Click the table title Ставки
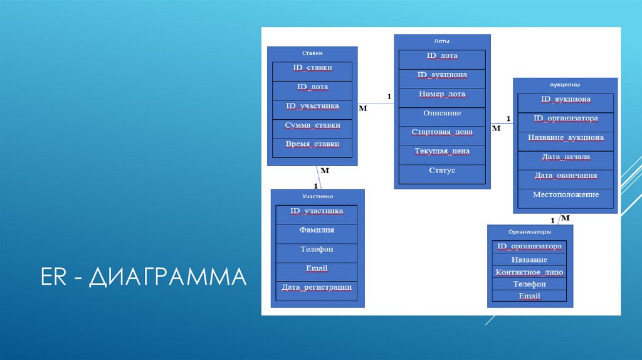pos(312,53)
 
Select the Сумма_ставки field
pos(312,125)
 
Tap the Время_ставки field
pos(312,144)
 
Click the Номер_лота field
pos(442,95)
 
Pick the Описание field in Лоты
pos(442,114)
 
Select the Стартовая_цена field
pos(442,132)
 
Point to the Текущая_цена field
pos(442,151)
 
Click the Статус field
pos(442,171)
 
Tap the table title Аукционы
pos(565,84)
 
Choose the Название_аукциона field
pos(566,137)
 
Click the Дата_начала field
pos(566,157)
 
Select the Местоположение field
pos(566,195)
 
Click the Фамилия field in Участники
pos(317,230)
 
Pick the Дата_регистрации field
pos(317,288)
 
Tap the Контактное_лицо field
pos(530,272)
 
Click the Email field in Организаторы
pos(530,296)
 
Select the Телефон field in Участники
pos(317,250)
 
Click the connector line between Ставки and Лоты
pos(376,103)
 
